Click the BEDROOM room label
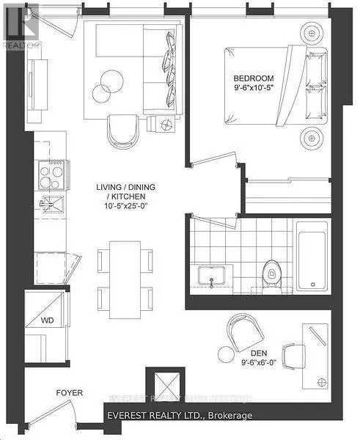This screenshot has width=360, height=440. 253,78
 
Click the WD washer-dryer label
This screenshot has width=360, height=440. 46,320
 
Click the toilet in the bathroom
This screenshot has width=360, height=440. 272,276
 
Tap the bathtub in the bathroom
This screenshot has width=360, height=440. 314,260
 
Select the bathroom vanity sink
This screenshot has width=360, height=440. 213,277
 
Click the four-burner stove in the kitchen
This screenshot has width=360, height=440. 51,177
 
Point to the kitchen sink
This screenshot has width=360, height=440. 51,203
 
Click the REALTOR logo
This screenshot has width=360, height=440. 21,26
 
